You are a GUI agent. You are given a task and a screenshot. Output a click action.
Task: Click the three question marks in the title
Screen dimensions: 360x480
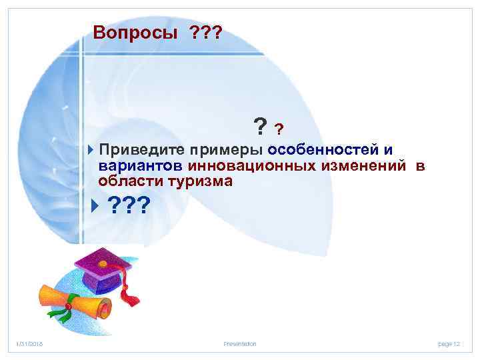206,33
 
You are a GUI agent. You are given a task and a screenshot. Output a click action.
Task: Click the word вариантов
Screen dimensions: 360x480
141,165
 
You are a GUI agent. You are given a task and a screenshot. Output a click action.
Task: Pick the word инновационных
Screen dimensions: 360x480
243,165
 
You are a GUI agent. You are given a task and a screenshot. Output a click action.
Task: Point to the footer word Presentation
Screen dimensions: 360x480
240,343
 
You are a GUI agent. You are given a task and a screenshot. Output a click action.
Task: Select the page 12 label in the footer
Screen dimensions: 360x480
449,343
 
